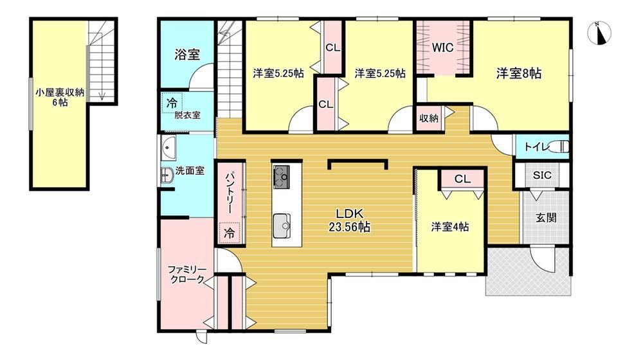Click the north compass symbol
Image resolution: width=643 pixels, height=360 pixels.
[x=599, y=32]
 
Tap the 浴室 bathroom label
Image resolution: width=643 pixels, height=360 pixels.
[x=187, y=55]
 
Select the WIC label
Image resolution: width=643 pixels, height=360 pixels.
[x=442, y=48]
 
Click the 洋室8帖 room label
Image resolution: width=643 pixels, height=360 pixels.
[x=519, y=73]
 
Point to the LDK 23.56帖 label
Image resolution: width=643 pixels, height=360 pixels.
[x=349, y=221]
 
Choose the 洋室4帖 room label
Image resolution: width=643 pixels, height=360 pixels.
[x=450, y=227]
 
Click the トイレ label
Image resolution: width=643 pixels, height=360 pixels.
[x=537, y=147]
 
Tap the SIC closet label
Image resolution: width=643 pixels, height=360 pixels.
[x=542, y=175]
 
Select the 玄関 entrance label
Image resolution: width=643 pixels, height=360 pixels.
[x=546, y=217]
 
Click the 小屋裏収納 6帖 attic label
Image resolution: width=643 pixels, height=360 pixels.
[x=60, y=97]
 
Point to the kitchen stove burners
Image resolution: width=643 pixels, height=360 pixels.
[x=282, y=177]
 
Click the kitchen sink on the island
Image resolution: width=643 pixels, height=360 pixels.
[x=282, y=226]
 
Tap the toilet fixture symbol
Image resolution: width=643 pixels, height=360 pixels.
[x=559, y=147]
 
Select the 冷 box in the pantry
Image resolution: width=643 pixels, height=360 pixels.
[x=230, y=233]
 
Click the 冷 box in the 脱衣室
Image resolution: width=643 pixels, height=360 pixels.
[x=172, y=103]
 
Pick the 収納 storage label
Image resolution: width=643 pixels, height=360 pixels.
[x=429, y=118]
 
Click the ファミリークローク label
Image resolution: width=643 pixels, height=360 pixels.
[x=187, y=274]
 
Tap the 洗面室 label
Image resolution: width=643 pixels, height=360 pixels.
[x=190, y=170]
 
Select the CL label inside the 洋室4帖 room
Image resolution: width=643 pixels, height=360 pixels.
[x=462, y=179]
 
